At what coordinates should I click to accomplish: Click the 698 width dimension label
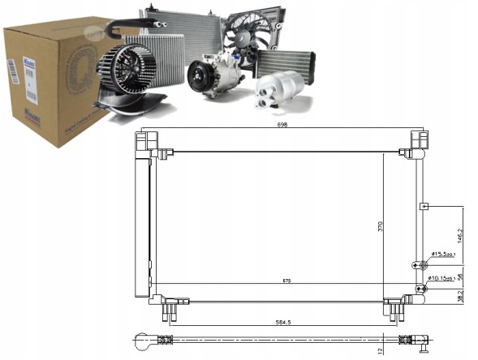282,126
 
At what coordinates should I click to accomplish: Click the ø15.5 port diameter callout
443,255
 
